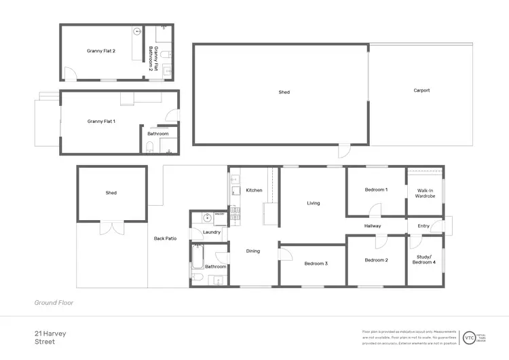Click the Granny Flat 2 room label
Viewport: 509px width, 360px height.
(101, 50)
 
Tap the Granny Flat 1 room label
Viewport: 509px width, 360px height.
(101, 121)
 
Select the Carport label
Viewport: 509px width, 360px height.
(421, 90)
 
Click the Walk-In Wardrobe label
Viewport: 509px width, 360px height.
(425, 193)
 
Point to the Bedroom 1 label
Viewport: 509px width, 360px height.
(376, 190)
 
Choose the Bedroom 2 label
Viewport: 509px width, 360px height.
(376, 260)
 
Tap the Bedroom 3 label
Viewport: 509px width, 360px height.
(316, 263)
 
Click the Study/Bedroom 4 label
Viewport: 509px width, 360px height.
(425, 260)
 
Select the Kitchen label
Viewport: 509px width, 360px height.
(254, 190)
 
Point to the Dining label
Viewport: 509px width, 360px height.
(252, 251)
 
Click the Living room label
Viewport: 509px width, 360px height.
(313, 203)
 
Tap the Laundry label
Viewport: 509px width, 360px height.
(212, 232)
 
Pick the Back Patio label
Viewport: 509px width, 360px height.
(165, 238)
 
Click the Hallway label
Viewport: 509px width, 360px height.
(373, 226)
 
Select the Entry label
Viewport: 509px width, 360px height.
(423, 226)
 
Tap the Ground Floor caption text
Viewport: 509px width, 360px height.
(54, 302)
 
